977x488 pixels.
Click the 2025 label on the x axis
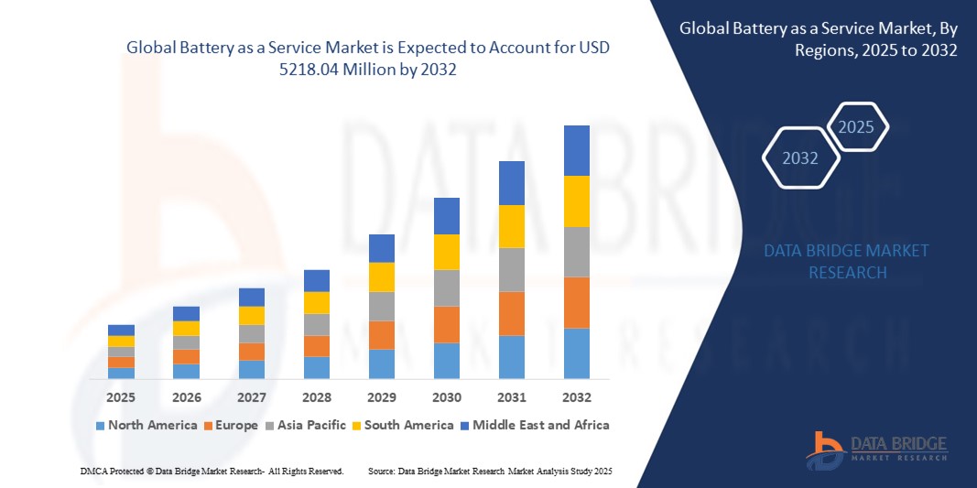pyautogui.click(x=121, y=398)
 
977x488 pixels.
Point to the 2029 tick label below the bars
pyautogui.click(x=382, y=398)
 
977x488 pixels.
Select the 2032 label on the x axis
pyautogui.click(x=577, y=398)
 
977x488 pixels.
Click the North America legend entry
pyautogui.click(x=147, y=425)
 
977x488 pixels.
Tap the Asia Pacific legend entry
pyautogui.click(x=306, y=425)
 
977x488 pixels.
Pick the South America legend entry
pyautogui.click(x=403, y=425)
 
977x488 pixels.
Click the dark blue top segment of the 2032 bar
pyautogui.click(x=577, y=150)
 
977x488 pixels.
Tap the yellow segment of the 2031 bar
pyautogui.click(x=512, y=226)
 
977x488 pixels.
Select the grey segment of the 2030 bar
pyautogui.click(x=447, y=287)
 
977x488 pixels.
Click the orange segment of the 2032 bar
pyautogui.click(x=577, y=302)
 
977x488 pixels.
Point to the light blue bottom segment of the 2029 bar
pyautogui.click(x=382, y=363)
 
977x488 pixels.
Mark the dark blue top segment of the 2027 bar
pyautogui.click(x=252, y=297)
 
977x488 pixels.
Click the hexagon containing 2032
pyautogui.click(x=800, y=158)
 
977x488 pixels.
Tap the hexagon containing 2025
pyautogui.click(x=857, y=127)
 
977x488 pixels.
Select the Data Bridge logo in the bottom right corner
pyautogui.click(x=876, y=449)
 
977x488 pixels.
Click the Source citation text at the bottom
pyautogui.click(x=489, y=471)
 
